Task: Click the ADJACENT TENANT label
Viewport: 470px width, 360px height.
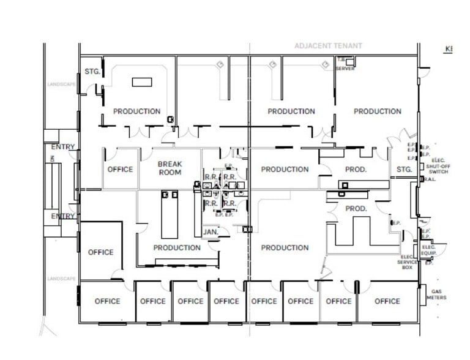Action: pos(328,46)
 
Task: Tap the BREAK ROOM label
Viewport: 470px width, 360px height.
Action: pos(170,168)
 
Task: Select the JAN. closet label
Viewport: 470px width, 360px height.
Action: pos(211,233)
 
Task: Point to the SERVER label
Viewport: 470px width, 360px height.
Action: pos(345,69)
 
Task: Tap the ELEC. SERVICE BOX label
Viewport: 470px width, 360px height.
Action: pos(409,262)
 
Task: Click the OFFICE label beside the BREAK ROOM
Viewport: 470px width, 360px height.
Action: pos(120,170)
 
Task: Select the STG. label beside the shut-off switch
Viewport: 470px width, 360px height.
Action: pos(404,170)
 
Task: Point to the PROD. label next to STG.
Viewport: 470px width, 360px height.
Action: pos(356,170)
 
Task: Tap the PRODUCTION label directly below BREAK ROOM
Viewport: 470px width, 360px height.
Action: pos(176,248)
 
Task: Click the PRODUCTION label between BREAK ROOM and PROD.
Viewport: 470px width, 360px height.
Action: pos(285,170)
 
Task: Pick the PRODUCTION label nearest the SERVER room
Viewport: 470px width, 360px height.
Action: pos(377,111)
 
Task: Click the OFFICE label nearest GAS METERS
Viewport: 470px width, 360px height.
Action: pos(387,301)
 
